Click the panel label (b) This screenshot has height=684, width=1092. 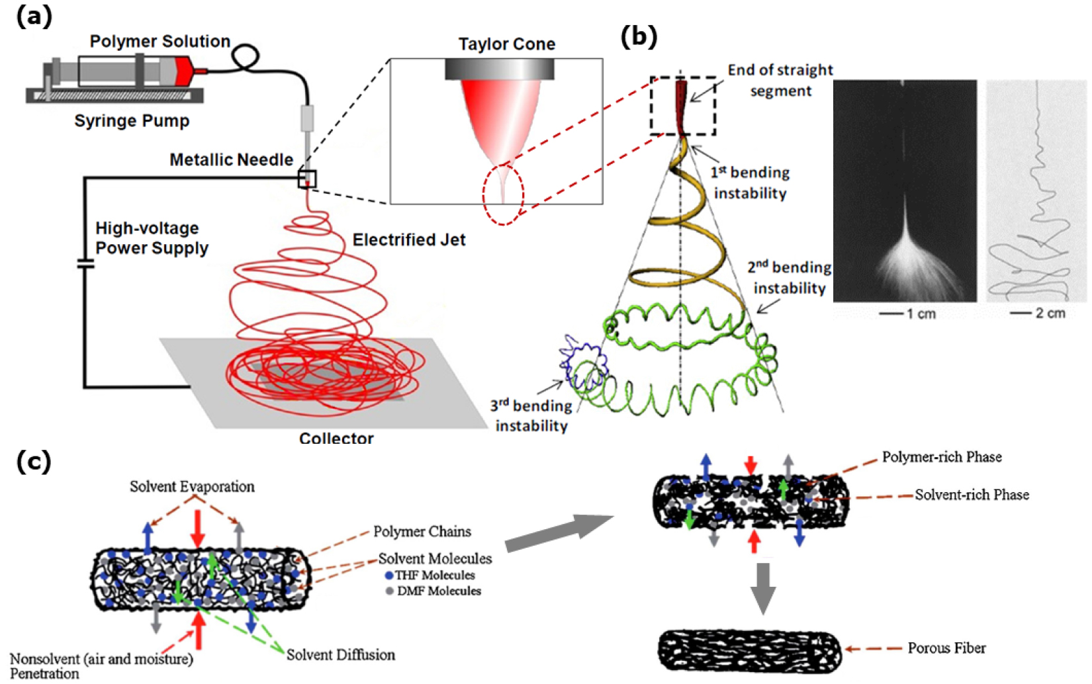pyautogui.click(x=639, y=36)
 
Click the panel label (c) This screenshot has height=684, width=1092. pyautogui.click(x=33, y=461)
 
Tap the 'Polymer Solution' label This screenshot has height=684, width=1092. pyautogui.click(x=160, y=42)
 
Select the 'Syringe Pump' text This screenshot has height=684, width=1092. pyautogui.click(x=132, y=121)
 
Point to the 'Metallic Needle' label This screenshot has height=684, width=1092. pyautogui.click(x=231, y=160)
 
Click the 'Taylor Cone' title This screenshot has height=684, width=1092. pyautogui.click(x=507, y=44)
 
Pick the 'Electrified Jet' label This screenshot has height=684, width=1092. pyautogui.click(x=409, y=240)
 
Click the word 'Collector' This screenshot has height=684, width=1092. pyautogui.click(x=336, y=438)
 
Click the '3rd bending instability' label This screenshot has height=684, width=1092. pyautogui.click(x=531, y=416)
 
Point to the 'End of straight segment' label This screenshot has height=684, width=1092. pyautogui.click(x=780, y=80)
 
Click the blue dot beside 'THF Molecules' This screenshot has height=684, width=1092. pyautogui.click(x=389, y=576)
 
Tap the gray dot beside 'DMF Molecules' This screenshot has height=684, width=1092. pyautogui.click(x=390, y=591)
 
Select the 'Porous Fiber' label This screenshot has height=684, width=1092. pyautogui.click(x=946, y=648)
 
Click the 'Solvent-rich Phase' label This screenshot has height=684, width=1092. pyautogui.click(x=972, y=495)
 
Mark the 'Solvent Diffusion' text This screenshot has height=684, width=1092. pyautogui.click(x=341, y=655)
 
